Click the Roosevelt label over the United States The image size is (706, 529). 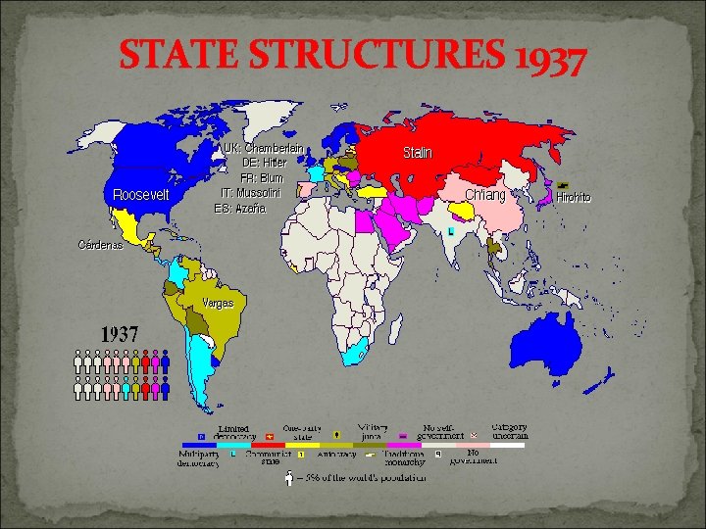point(141,194)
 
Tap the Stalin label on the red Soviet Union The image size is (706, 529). point(418,153)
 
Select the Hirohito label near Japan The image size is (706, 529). point(574,197)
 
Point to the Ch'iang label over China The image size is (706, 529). point(485,195)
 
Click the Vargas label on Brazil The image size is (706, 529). point(218,303)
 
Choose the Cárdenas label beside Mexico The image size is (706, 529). point(101,245)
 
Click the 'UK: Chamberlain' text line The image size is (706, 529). point(262,148)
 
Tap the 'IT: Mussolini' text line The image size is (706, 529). point(251,192)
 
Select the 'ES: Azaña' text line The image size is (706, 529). point(247,207)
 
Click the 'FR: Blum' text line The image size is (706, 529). point(262,177)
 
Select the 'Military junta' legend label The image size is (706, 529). point(373,433)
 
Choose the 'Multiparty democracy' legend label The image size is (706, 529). point(199,457)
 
